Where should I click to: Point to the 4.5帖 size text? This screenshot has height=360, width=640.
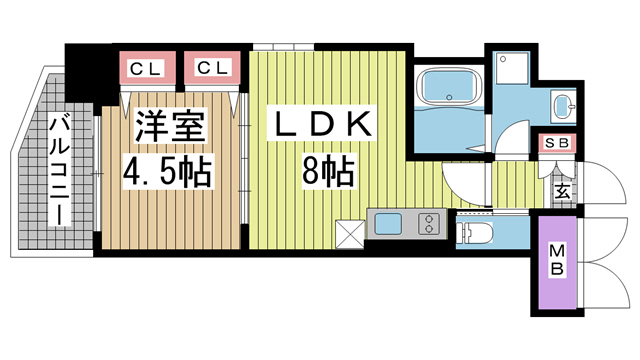167,172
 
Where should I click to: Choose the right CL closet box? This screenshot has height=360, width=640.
211,68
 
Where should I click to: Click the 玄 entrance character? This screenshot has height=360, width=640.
562,188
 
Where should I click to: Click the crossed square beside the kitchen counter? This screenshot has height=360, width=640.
352,233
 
